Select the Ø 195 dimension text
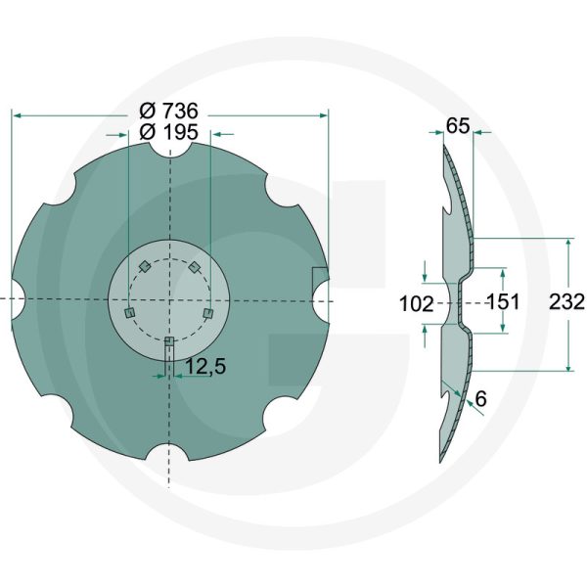click(x=170, y=132)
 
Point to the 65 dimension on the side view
click(x=457, y=125)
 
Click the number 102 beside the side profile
click(x=418, y=304)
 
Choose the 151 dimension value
click(x=502, y=301)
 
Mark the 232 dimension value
click(x=566, y=302)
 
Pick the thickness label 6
click(x=479, y=399)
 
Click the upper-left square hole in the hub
click(x=144, y=266)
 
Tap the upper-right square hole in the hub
click(x=196, y=266)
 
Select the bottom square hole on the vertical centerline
click(x=169, y=342)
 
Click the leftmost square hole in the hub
click(x=128, y=312)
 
